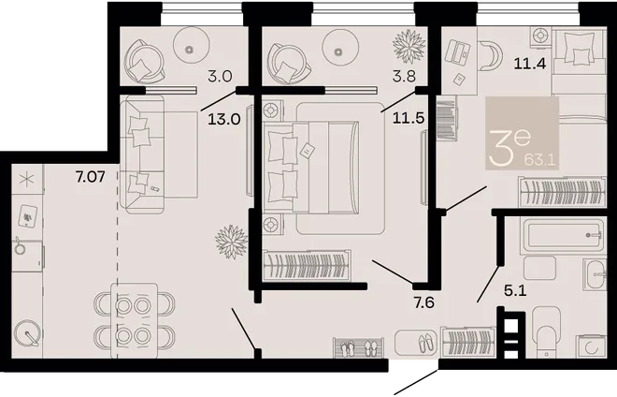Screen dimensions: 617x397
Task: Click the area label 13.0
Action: point(224,118)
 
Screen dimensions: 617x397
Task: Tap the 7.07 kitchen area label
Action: point(91,176)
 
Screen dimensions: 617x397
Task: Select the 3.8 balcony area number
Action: point(404,75)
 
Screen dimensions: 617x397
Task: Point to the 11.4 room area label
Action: point(530,63)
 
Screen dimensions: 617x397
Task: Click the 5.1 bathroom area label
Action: point(515,291)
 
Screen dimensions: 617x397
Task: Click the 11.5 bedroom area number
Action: point(409,118)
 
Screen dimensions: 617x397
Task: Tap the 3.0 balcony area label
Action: point(220,75)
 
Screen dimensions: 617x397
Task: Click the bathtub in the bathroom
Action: point(563,235)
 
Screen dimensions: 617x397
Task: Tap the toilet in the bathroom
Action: point(546,329)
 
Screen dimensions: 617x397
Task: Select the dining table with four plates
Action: point(134,319)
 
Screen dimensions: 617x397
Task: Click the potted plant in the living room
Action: point(232,242)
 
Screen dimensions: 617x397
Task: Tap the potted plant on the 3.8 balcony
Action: point(409,46)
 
